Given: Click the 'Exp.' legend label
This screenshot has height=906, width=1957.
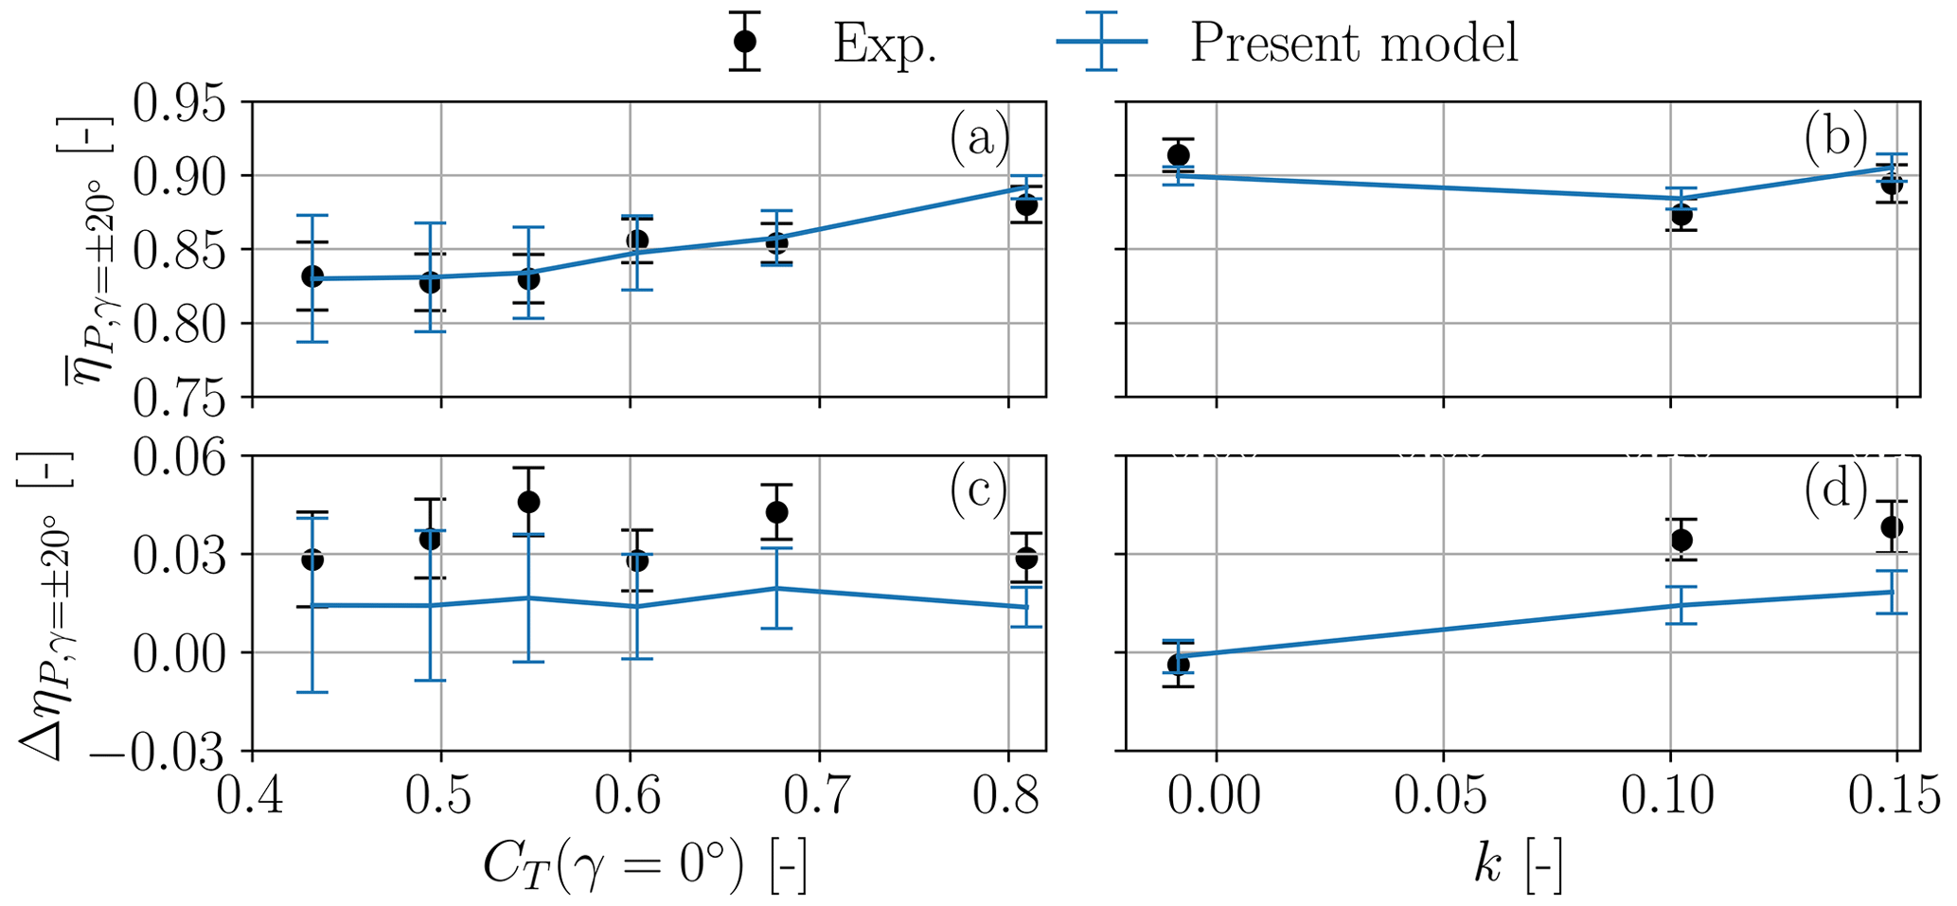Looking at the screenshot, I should coord(884,44).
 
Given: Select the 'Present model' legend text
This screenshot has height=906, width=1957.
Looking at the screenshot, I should coord(1354,44).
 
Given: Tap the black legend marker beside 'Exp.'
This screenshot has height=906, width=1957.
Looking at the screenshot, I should coord(745,42).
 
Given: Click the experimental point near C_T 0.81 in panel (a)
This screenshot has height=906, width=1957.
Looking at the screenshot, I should coord(1026,205).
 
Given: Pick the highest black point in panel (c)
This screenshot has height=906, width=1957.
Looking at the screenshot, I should coord(528,502).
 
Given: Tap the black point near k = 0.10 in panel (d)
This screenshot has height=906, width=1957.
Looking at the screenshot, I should coord(1681,540).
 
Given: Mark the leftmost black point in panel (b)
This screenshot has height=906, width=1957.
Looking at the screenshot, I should coord(1178,155).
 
